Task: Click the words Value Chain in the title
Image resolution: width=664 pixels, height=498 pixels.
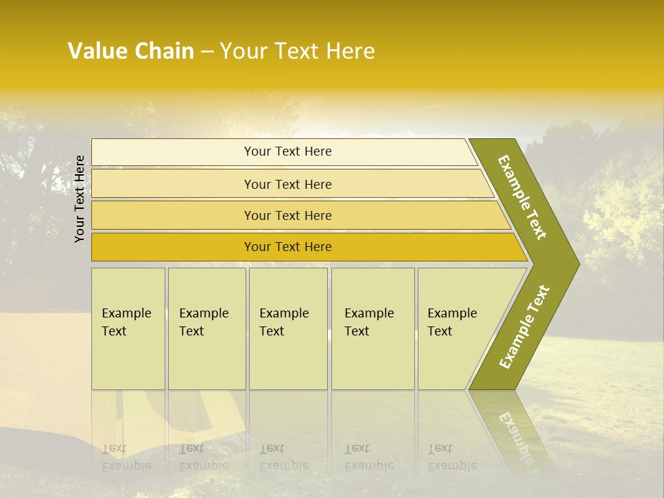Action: [131, 51]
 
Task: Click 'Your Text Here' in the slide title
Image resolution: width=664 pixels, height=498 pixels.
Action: [297, 51]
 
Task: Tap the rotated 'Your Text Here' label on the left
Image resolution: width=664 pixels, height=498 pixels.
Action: [80, 199]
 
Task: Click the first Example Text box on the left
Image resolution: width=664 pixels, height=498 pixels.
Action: [128, 329]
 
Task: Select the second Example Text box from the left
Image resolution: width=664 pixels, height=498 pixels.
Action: [206, 329]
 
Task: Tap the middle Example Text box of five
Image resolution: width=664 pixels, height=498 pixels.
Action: [288, 329]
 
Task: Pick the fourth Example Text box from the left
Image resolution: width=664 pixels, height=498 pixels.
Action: [372, 329]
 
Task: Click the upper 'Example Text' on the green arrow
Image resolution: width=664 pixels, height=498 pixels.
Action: [522, 197]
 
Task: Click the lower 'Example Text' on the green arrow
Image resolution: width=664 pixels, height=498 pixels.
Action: [524, 326]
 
